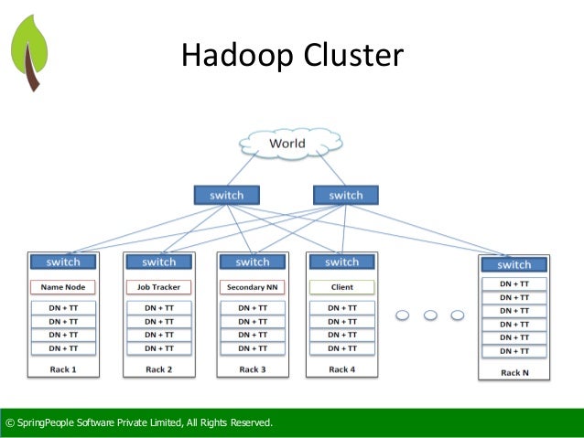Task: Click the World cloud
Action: click(287, 144)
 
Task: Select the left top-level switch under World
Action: click(226, 195)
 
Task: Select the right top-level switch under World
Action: click(345, 195)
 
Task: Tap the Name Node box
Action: click(63, 287)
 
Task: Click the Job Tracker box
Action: click(158, 287)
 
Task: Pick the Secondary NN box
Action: click(252, 287)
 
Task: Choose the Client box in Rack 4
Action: click(341, 287)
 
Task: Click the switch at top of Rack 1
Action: click(63, 262)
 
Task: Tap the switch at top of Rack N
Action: click(514, 264)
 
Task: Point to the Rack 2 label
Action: click(158, 369)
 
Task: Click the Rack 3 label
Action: click(252, 369)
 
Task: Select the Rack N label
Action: click(514, 372)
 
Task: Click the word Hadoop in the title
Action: click(234, 56)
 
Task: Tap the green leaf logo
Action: click(30, 50)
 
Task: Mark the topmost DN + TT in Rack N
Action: click(514, 283)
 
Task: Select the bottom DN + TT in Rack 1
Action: click(63, 348)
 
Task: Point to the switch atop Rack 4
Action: click(341, 262)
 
